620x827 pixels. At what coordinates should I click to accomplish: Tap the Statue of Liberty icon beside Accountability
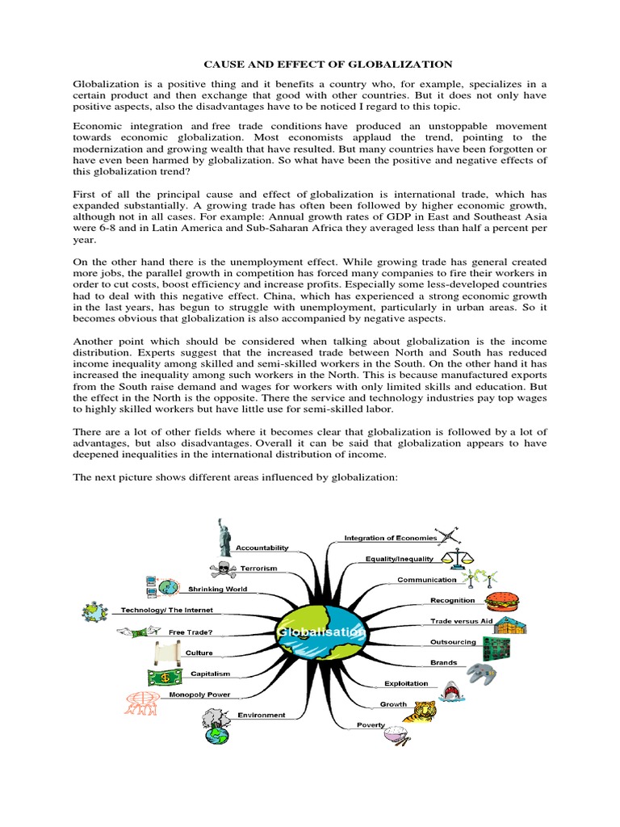[x=223, y=535]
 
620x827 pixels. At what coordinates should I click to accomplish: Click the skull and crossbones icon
[x=222, y=569]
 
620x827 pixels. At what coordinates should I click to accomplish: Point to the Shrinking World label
[x=217, y=590]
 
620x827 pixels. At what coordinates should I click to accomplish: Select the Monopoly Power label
[x=199, y=695]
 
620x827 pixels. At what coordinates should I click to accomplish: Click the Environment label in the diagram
[x=262, y=715]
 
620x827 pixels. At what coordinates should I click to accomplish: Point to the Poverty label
[x=371, y=725]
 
